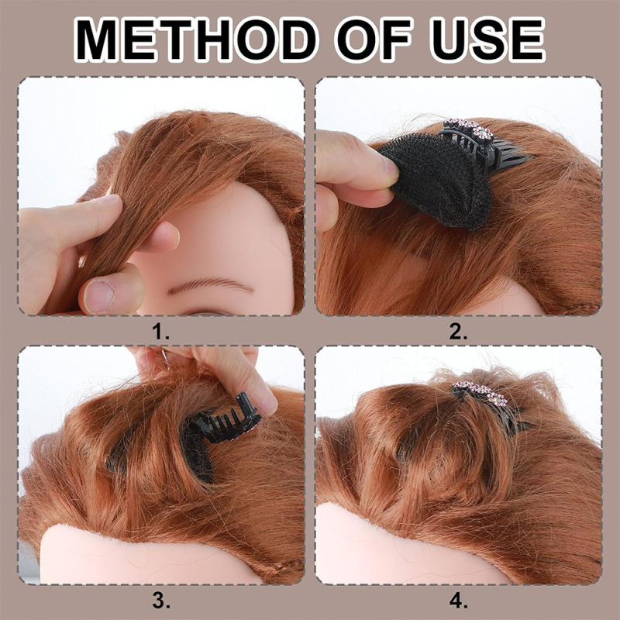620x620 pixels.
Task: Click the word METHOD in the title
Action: coord(196,40)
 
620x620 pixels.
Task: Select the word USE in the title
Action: coord(487,40)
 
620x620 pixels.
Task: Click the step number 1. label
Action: coord(161,332)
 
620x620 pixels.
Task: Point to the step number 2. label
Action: coord(458,332)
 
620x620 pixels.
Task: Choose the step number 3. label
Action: coord(161,601)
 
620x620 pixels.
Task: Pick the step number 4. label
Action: coord(458,601)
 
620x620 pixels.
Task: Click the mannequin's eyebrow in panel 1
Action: coord(209,285)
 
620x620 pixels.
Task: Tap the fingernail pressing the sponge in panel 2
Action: coord(390,170)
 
